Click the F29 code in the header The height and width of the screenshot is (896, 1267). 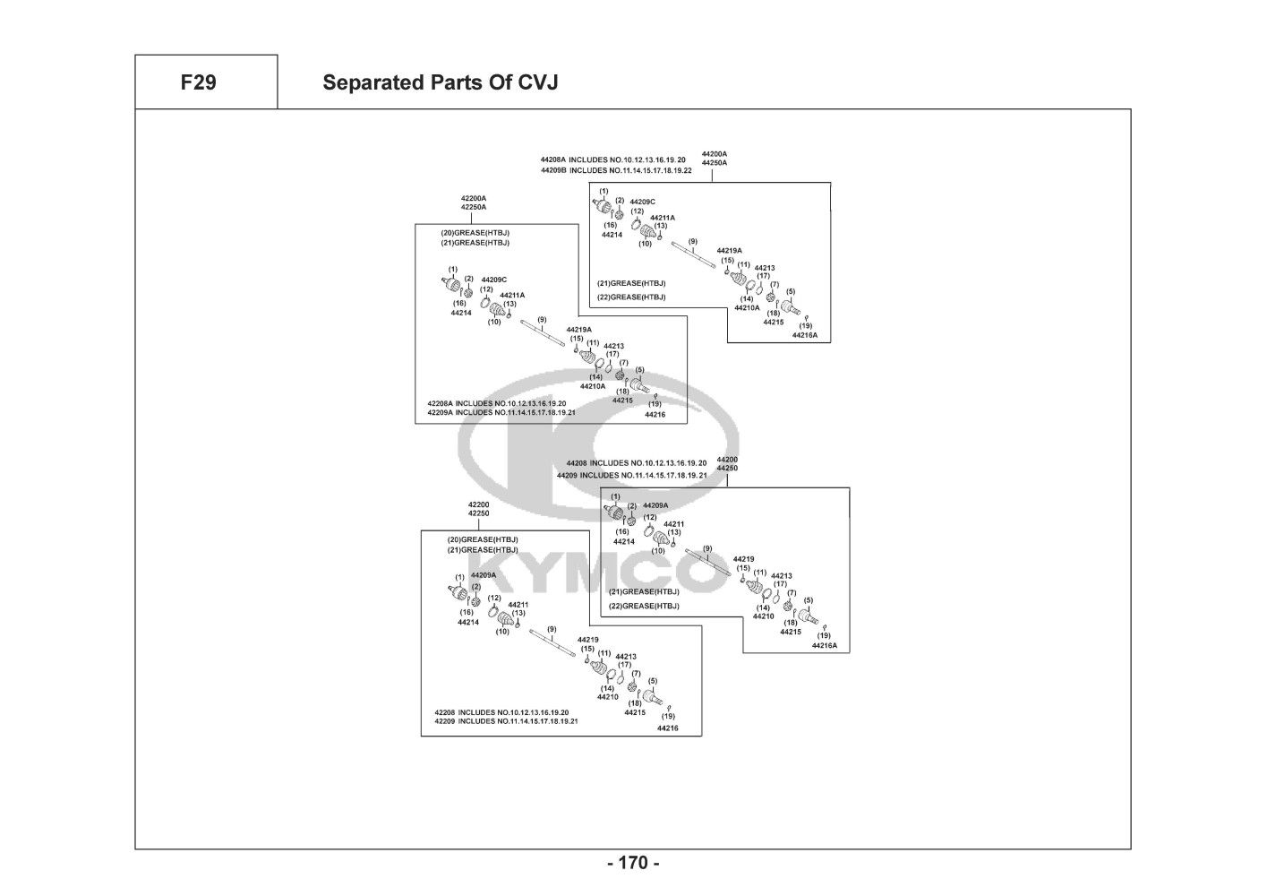(x=198, y=82)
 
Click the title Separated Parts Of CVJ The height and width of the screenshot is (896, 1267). (x=440, y=82)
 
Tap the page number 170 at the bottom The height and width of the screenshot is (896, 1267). (x=633, y=864)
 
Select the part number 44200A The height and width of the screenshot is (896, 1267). (x=714, y=153)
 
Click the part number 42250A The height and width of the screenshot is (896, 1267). (x=474, y=207)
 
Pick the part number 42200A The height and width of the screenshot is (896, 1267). (x=474, y=198)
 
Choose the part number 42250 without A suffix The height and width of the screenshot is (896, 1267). (x=478, y=513)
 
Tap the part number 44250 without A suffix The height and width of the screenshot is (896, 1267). (x=727, y=469)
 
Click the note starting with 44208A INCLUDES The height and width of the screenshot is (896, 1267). (x=613, y=159)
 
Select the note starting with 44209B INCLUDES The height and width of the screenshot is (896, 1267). (x=616, y=169)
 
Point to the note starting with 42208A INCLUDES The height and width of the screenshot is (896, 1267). (x=496, y=403)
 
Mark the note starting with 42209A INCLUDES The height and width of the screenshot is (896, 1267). (x=501, y=413)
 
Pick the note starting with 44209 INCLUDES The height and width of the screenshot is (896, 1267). (x=631, y=475)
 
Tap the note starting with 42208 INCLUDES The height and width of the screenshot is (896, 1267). (x=501, y=711)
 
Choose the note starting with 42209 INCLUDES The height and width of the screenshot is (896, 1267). (x=506, y=721)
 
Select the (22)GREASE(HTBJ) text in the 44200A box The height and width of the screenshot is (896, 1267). (x=631, y=297)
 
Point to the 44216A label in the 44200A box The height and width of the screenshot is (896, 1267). (x=804, y=335)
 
